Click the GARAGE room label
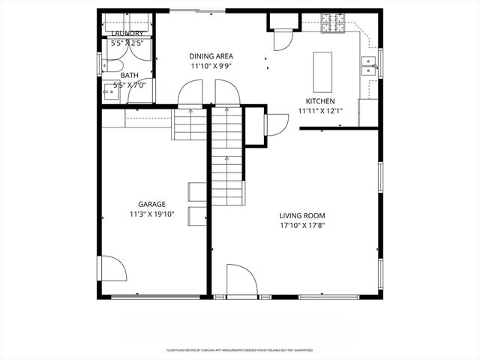point(151,204)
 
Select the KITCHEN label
point(319,101)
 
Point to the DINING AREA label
point(211,55)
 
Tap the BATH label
point(130,75)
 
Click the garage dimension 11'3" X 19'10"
point(151,214)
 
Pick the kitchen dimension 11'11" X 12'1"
point(319,111)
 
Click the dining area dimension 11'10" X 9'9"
point(211,65)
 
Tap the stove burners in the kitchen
point(332,25)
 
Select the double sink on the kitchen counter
point(368,67)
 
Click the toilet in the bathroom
point(111,69)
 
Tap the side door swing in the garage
point(112,270)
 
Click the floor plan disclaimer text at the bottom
point(239,349)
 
